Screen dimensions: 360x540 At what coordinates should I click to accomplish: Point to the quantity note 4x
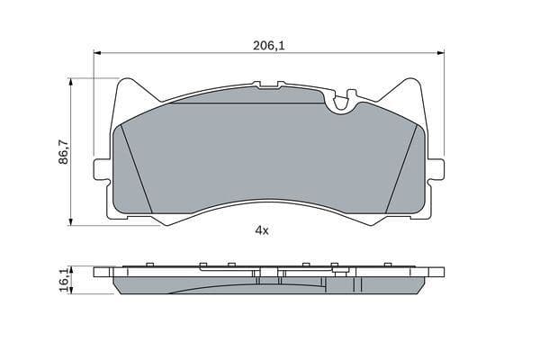point(262,230)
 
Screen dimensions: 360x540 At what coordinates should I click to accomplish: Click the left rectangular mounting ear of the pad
point(102,168)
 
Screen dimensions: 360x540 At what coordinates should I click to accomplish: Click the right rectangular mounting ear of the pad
point(436,168)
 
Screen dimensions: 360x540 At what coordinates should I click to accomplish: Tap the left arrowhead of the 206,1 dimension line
point(98,51)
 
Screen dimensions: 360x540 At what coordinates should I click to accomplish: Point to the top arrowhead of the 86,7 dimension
point(70,82)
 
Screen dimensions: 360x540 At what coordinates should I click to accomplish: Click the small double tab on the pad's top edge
point(269,85)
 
